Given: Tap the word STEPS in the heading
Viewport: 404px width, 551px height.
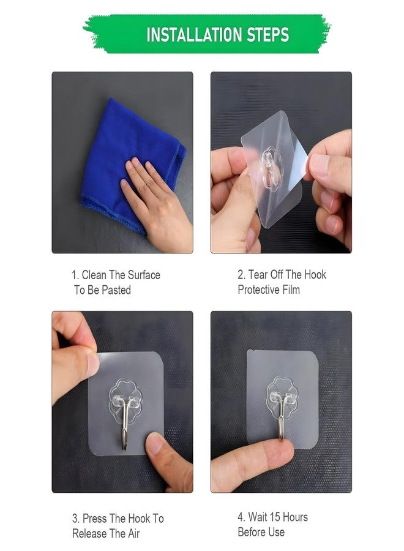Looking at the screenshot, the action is [x=268, y=35].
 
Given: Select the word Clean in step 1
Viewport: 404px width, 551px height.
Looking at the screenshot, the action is [x=94, y=275].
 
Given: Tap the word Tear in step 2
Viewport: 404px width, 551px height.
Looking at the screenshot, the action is [x=258, y=274].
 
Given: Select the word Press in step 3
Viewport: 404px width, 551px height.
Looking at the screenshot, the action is [x=94, y=519].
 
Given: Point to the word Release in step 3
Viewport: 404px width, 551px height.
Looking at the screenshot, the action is [x=89, y=533].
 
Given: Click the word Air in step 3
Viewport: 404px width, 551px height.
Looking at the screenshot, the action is [x=134, y=533].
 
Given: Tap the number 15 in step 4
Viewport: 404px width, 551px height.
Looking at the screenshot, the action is [x=275, y=517].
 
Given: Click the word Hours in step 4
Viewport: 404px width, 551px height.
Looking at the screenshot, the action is [x=295, y=517].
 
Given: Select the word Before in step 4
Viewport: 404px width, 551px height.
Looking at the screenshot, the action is [x=252, y=532].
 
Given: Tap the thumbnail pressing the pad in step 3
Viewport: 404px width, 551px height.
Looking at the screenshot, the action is [x=154, y=443].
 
